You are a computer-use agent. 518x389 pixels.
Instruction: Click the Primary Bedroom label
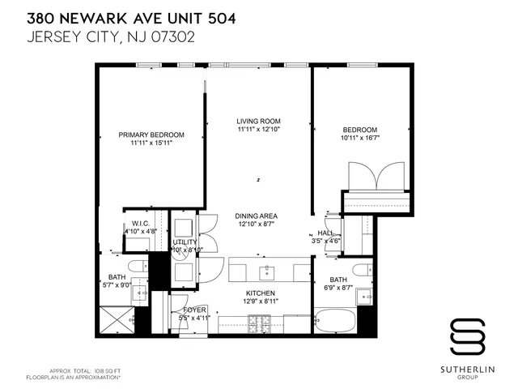coord(151,135)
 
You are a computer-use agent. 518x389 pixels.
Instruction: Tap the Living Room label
coord(258,121)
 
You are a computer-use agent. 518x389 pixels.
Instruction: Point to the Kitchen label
coord(261,293)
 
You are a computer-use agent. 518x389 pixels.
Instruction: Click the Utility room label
coord(185,242)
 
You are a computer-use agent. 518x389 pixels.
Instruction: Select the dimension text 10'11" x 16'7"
coord(359,138)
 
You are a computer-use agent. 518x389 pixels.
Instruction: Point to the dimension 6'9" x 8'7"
coord(338,286)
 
